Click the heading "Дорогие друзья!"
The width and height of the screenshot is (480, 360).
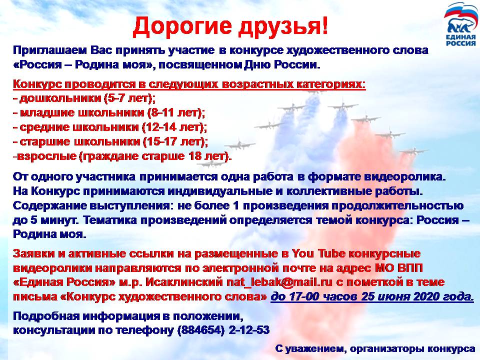tap(230, 25)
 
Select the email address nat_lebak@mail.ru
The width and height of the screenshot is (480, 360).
tap(279, 282)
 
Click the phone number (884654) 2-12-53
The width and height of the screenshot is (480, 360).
tap(223, 329)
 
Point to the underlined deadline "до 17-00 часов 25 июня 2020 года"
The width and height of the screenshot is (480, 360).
tap(372, 296)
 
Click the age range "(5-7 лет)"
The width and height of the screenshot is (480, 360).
tap(129, 98)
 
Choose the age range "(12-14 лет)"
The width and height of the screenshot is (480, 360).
tap(174, 127)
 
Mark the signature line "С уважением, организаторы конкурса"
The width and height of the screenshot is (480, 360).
tap(374, 348)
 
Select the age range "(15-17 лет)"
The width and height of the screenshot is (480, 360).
tap(175, 141)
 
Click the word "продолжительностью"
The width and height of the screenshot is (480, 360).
tap(396, 206)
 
